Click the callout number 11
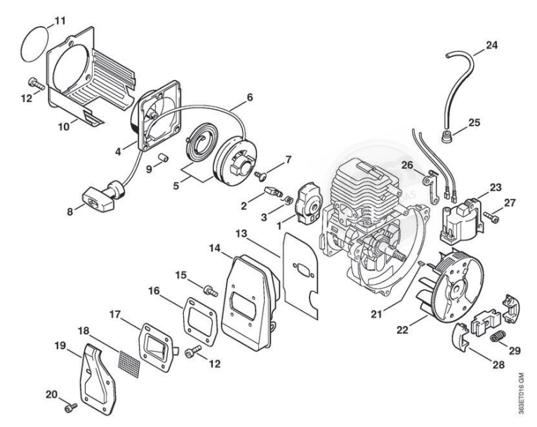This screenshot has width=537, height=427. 60,20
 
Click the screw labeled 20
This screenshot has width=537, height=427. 71,407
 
